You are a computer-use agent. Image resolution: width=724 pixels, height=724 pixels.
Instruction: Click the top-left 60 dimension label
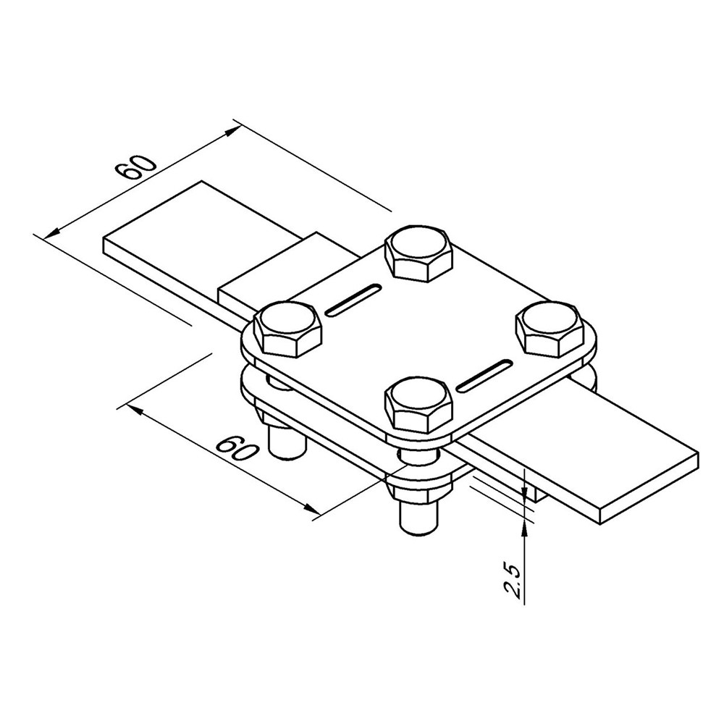[x=136, y=169]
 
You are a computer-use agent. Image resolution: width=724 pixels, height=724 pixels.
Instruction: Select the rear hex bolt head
[x=418, y=253]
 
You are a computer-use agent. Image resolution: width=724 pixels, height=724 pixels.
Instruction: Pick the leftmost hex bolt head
[x=289, y=329]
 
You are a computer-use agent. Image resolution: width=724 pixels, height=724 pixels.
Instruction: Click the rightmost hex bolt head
[x=549, y=329]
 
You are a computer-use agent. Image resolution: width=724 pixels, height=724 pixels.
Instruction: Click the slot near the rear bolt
[x=353, y=300]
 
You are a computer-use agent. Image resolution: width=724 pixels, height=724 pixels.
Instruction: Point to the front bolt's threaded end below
[x=418, y=516]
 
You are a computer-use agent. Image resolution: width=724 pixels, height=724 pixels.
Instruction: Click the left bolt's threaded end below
[x=287, y=442]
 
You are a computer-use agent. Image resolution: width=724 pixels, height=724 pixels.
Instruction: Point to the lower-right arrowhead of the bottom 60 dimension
[x=311, y=509]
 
